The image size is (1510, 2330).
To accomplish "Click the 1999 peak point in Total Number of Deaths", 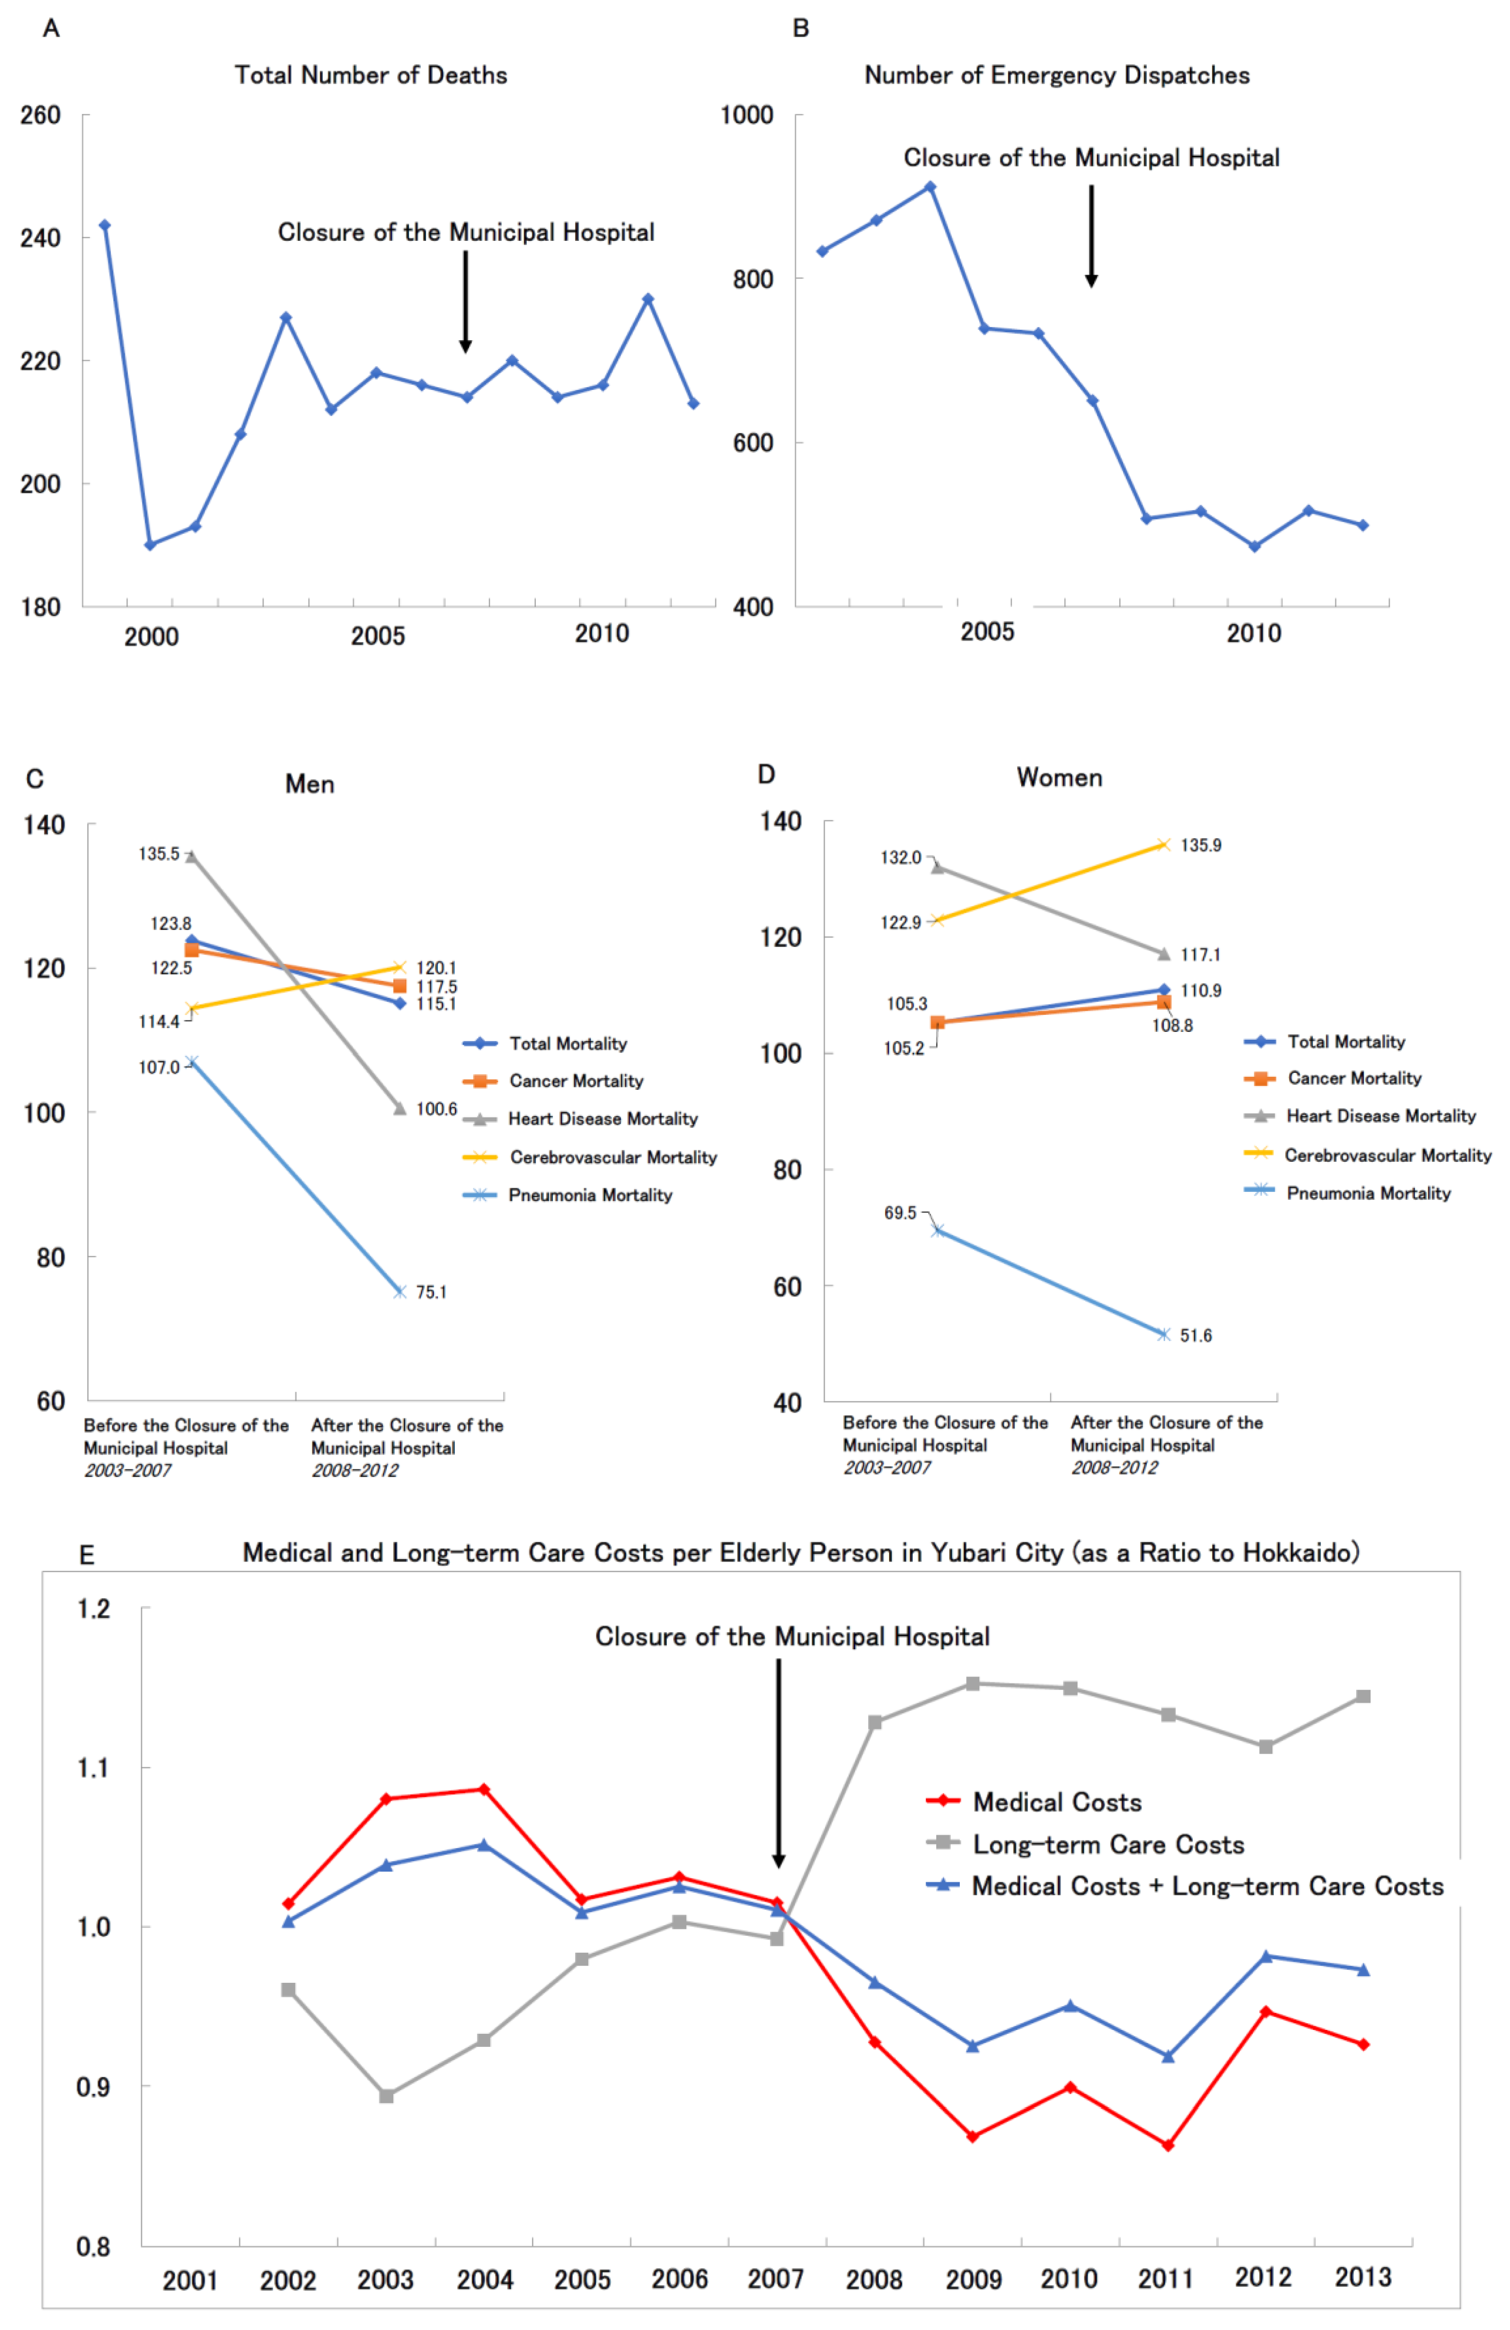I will pyautogui.click(x=105, y=225).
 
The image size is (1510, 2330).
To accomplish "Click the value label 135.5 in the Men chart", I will pyautogui.click(x=159, y=854).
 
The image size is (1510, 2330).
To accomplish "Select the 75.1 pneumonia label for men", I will pyautogui.click(x=431, y=1292).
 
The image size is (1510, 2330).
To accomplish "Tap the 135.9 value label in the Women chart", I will pyautogui.click(x=1201, y=845).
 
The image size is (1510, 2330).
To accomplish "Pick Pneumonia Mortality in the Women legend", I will pyautogui.click(x=1368, y=1194).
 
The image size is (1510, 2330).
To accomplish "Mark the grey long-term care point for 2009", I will pyautogui.click(x=972, y=1684).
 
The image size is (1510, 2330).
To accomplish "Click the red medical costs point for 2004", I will pyautogui.click(x=484, y=1789).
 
